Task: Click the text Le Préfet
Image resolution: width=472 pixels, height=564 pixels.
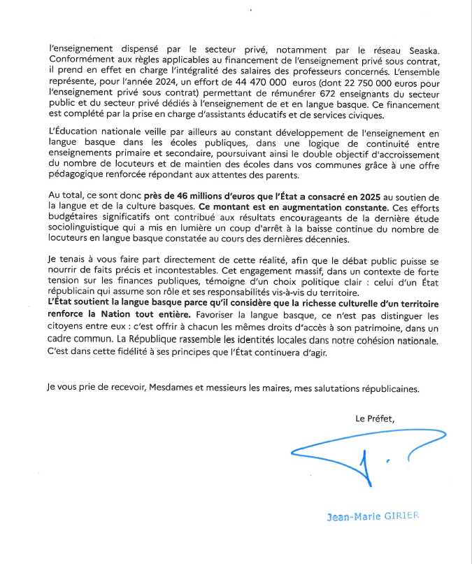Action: [375, 420]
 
